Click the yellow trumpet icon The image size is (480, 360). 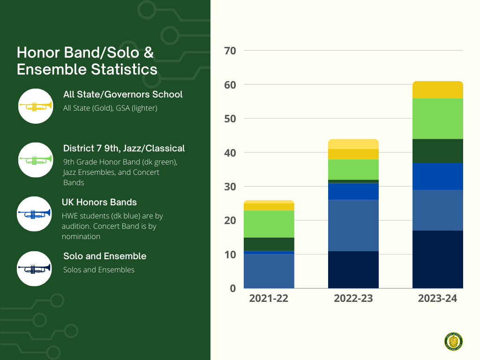click(x=35, y=106)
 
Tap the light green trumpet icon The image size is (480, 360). click(x=35, y=160)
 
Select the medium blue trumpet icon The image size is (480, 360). click(x=34, y=214)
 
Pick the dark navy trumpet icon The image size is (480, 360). click(x=34, y=268)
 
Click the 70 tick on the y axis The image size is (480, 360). click(x=230, y=51)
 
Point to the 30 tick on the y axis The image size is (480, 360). click(x=230, y=187)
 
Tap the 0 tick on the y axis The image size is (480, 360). click(x=232, y=288)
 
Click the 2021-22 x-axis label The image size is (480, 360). click(x=269, y=299)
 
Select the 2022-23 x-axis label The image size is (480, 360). click(x=353, y=299)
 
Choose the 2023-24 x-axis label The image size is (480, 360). click(x=437, y=299)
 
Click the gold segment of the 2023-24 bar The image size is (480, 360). click(x=438, y=90)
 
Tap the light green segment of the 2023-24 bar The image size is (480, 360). click(x=438, y=119)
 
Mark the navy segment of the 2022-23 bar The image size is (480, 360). click(x=353, y=270)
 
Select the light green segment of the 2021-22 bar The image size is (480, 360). click(x=269, y=224)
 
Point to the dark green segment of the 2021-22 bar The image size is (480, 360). click(x=269, y=244)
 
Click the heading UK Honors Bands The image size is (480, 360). click(x=99, y=202)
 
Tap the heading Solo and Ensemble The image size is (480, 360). click(x=105, y=256)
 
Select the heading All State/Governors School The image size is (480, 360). click(x=123, y=95)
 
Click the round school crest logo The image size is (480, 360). click(x=453, y=341)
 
